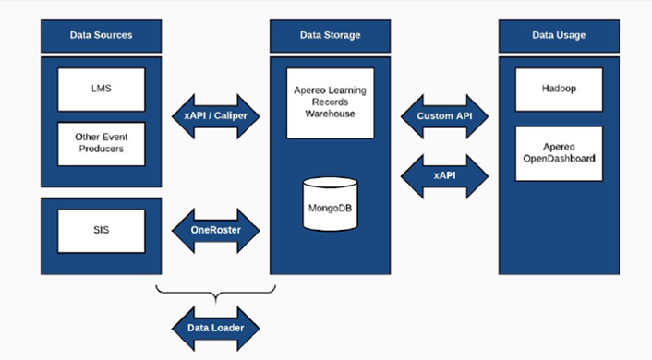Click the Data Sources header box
[101, 35]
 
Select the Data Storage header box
[330, 35]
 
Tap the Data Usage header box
[559, 35]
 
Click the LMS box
[101, 89]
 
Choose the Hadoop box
[559, 90]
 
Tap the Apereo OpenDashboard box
[559, 152]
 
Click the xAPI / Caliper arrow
[216, 116]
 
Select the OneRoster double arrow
[216, 230]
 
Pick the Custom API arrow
[445, 116]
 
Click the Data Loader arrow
[216, 326]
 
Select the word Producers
[101, 150]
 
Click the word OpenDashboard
[559, 159]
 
